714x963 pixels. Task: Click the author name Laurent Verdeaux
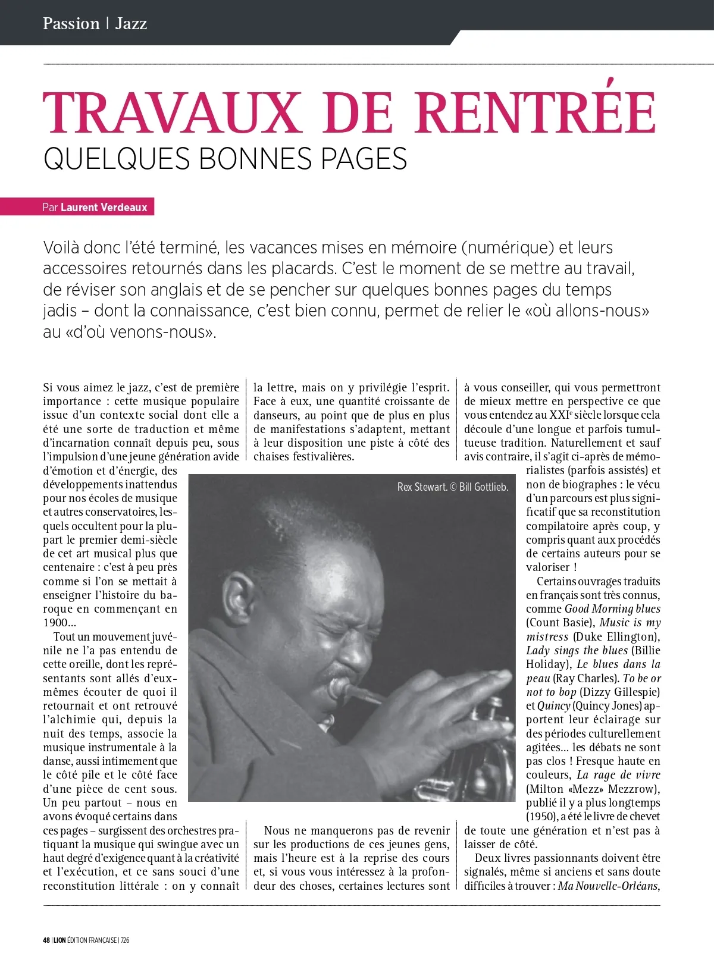(104, 207)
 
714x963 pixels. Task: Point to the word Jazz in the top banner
(131, 24)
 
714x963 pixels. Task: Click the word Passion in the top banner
(71, 24)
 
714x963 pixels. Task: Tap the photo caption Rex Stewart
(422, 487)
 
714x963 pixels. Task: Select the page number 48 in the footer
(46, 940)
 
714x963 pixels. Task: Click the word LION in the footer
(59, 940)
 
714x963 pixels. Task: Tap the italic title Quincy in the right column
(554, 706)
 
